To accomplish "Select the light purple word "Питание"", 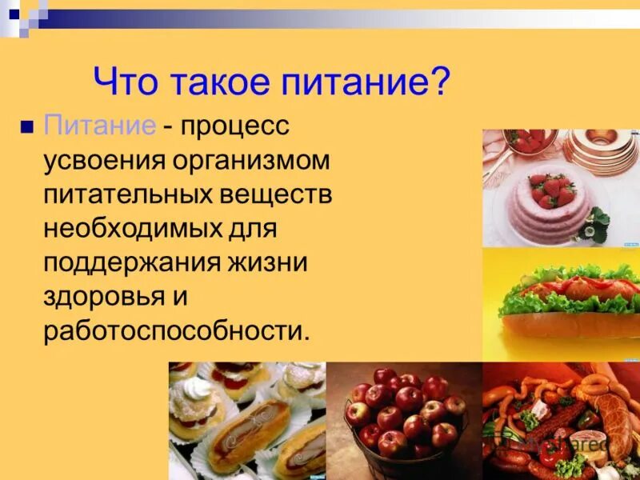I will tap(99, 126).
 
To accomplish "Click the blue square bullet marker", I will tap(27, 126).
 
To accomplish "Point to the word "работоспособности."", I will tap(176, 332).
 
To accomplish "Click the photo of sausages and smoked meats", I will tap(560, 420).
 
